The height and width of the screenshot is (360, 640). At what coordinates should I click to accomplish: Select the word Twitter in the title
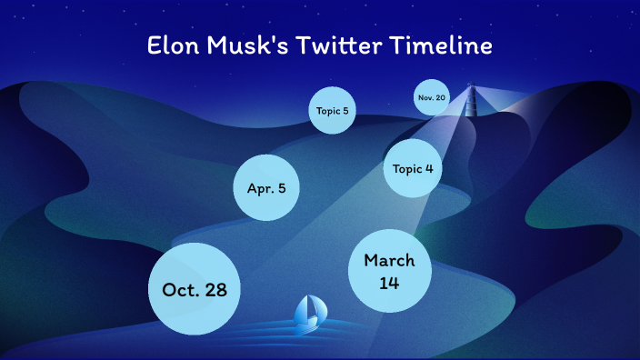[334, 46]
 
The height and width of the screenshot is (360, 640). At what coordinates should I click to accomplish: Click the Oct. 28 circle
[195, 288]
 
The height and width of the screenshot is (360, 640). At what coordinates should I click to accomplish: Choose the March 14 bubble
[389, 271]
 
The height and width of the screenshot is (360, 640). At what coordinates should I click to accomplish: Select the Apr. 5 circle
[266, 188]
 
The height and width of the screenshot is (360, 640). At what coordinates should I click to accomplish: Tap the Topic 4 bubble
[413, 168]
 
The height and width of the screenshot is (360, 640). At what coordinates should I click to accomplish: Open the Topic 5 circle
[332, 112]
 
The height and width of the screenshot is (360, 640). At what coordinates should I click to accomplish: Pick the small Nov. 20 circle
[431, 97]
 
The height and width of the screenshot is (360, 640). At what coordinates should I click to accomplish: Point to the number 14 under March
[389, 283]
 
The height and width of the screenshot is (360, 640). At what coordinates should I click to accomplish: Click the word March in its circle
[389, 260]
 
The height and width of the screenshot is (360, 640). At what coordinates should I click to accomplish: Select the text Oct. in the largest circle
[180, 289]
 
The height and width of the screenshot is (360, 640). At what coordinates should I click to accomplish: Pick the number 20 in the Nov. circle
[440, 97]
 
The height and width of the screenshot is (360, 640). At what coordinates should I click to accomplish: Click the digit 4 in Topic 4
[428, 168]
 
